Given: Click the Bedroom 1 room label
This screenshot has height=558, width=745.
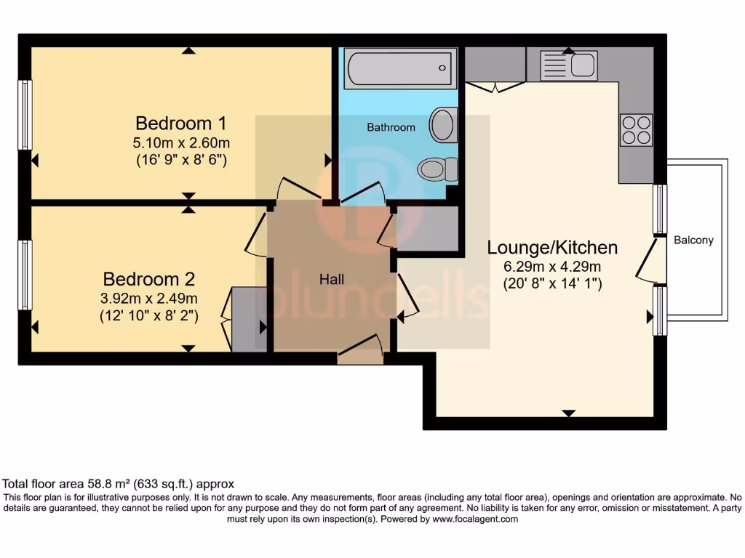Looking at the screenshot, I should coord(181,121).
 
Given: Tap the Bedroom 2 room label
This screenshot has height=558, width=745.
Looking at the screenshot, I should coord(150,279).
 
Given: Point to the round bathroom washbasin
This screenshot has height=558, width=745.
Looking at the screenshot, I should coord(442,124).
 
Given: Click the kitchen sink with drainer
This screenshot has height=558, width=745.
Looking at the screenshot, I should coord(568,65).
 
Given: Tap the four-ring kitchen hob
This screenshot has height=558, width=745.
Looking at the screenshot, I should coord(636,130).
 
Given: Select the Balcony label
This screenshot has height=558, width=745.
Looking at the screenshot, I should coord(693,240).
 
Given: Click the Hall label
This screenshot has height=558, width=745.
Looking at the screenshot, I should coord(332,280).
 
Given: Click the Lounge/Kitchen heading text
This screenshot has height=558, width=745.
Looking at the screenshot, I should coord(552,248).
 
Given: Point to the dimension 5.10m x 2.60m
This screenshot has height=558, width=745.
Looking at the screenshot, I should coord(181,142).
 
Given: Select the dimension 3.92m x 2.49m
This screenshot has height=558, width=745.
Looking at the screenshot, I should coord(150,299).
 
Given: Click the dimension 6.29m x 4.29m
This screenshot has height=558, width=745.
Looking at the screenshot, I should coord(552,267).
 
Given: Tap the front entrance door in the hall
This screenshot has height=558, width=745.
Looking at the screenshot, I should coord(360,350).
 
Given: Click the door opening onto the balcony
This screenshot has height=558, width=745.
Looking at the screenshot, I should coord(652,262).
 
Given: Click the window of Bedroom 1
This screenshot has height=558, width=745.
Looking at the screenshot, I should coord(25,115).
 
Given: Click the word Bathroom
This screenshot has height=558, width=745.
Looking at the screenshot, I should coord(391,127).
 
